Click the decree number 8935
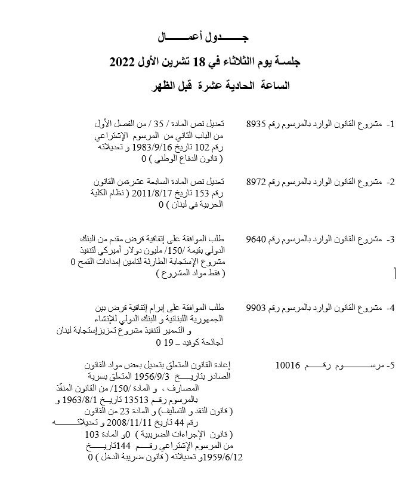click(x=257, y=124)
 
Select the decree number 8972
click(x=257, y=182)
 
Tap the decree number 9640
click(x=257, y=239)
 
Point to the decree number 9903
click(x=257, y=308)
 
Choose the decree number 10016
click(x=288, y=365)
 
